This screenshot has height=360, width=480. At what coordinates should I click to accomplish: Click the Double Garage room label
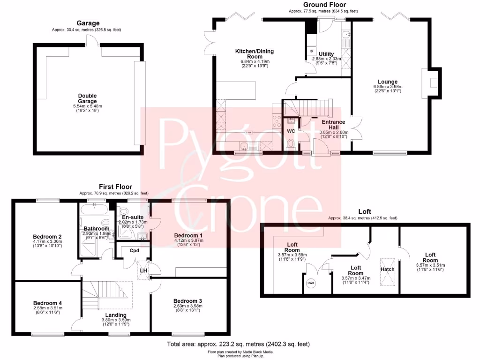(87, 98)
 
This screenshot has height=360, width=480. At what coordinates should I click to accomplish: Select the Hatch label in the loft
(387, 269)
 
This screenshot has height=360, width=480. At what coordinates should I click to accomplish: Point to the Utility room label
(326, 54)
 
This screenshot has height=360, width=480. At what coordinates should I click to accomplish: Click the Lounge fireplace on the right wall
(434, 83)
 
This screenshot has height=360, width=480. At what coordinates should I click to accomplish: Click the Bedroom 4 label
(48, 303)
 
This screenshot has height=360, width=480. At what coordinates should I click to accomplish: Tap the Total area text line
(239, 344)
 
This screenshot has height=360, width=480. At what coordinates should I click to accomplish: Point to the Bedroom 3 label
(187, 300)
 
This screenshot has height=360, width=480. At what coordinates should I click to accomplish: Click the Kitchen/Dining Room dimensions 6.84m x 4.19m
(255, 61)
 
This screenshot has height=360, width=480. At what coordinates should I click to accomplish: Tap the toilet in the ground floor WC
(291, 143)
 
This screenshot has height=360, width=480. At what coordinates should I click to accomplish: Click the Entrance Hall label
(333, 124)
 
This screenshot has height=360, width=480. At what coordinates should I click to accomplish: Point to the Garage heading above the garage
(88, 23)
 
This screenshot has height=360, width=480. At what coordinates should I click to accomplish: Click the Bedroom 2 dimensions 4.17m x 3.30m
(48, 241)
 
